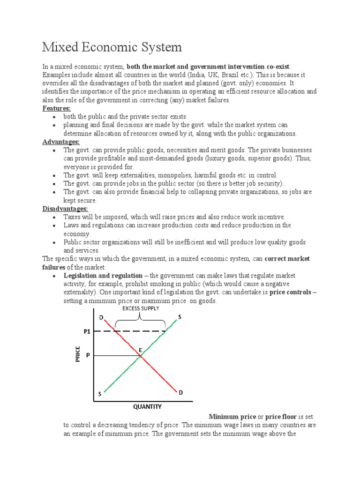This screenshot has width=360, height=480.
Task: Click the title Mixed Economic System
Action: tap(112, 47)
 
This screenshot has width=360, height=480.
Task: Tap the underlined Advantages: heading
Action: tap(61, 142)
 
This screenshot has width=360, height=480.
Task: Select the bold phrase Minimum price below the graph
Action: tap(232, 417)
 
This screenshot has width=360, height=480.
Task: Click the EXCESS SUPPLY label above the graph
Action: tap(141, 308)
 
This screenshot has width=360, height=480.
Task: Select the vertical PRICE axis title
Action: tap(78, 354)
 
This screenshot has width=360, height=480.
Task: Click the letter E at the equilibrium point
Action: tap(140, 350)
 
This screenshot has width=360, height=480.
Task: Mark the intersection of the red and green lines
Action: tap(141, 356)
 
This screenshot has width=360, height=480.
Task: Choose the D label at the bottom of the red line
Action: tap(180, 392)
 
